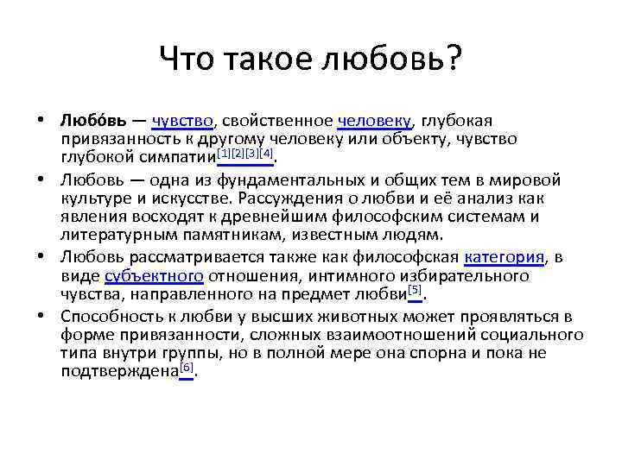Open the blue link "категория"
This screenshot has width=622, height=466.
pyautogui.click(x=505, y=257)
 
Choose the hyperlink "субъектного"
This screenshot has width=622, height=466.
pyautogui.click(x=154, y=275)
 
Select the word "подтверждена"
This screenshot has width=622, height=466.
pyautogui.click(x=118, y=370)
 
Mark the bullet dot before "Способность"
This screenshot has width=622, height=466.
pyautogui.click(x=41, y=317)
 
